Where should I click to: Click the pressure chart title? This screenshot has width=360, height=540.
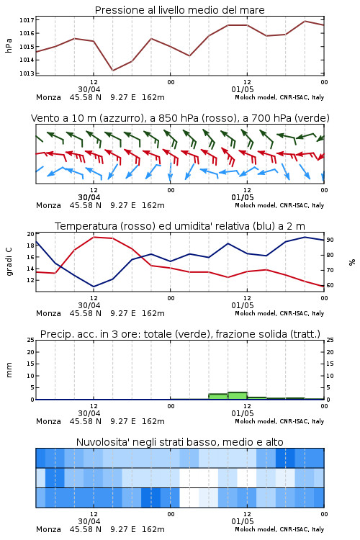(x=179, y=10)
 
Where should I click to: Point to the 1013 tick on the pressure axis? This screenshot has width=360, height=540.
(x=27, y=73)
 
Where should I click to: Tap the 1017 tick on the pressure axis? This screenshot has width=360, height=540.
(x=27, y=20)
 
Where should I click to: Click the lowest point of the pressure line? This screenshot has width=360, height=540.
(x=112, y=71)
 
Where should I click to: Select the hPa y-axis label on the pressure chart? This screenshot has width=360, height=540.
(x=9, y=45)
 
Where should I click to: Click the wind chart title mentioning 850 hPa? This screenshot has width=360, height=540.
(x=180, y=118)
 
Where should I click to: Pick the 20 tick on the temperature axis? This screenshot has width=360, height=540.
(x=31, y=234)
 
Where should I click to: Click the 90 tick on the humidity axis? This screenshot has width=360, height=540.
(x=330, y=240)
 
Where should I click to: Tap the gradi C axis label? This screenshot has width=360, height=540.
(x=9, y=262)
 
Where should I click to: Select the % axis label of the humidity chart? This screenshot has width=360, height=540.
(x=352, y=262)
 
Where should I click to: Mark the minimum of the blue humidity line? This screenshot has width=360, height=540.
(x=94, y=287)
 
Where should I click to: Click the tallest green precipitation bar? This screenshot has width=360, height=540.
(x=238, y=396)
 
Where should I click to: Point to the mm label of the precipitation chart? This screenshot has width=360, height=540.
(x=9, y=370)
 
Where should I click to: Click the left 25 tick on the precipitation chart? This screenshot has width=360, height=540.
(x=31, y=340)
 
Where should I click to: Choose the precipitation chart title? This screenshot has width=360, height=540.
(x=180, y=334)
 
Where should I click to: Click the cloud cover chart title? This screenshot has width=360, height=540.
(x=179, y=442)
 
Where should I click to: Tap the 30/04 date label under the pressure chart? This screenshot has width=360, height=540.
(x=89, y=89)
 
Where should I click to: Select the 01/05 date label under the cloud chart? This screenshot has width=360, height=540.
(x=243, y=521)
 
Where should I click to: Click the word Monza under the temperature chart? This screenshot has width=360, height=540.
(x=48, y=313)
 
